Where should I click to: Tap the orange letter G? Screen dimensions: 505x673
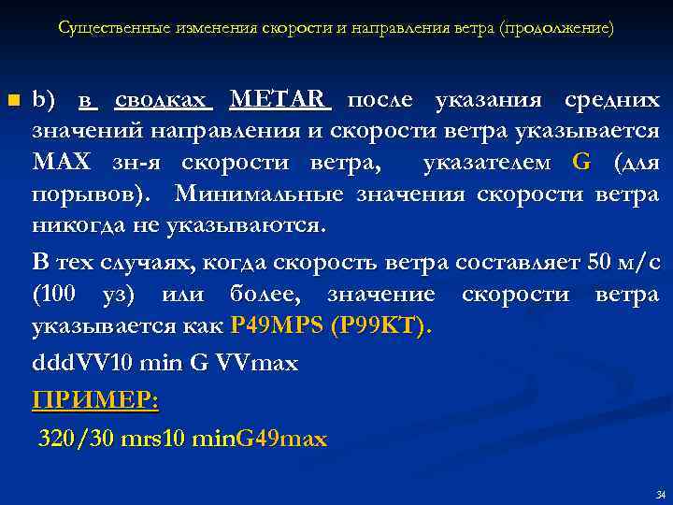pos(581,163)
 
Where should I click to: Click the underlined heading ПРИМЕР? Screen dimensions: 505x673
pos(95,401)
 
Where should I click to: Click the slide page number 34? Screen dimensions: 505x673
pos(661,495)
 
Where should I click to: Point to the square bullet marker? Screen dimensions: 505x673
pos(12,100)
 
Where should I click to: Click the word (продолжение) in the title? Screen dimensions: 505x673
pos(557,28)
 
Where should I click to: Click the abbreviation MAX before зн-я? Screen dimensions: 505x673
pos(62,163)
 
